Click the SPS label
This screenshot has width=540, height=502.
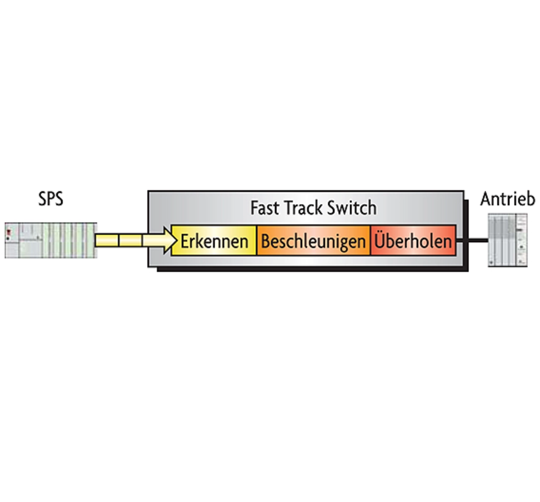pyautogui.click(x=51, y=199)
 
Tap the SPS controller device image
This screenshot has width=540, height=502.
pyautogui.click(x=51, y=240)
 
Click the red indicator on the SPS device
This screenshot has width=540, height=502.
pyautogui.click(x=9, y=232)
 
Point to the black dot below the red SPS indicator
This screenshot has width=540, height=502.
pyautogui.click(x=8, y=238)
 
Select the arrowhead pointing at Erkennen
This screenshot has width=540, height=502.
pyautogui.click(x=170, y=241)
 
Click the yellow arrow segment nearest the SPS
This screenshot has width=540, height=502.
pyautogui.click(x=107, y=241)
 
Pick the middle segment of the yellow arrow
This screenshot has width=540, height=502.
pyautogui.click(x=130, y=241)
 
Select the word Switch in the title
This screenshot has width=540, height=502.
pyautogui.click(x=352, y=208)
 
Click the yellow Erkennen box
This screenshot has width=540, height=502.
pyautogui.click(x=214, y=240)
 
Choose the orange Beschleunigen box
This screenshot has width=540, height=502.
pyautogui.click(x=313, y=240)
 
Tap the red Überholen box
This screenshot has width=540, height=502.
pyautogui.click(x=413, y=240)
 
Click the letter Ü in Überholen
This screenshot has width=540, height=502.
pyautogui.click(x=380, y=240)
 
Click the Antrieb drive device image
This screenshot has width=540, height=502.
pyautogui.click(x=508, y=240)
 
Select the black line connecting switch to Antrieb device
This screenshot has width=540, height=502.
pyautogui.click(x=472, y=240)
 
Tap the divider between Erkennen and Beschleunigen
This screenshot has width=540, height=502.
pyautogui.click(x=256, y=240)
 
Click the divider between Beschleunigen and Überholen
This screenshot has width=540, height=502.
pyautogui.click(x=370, y=240)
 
